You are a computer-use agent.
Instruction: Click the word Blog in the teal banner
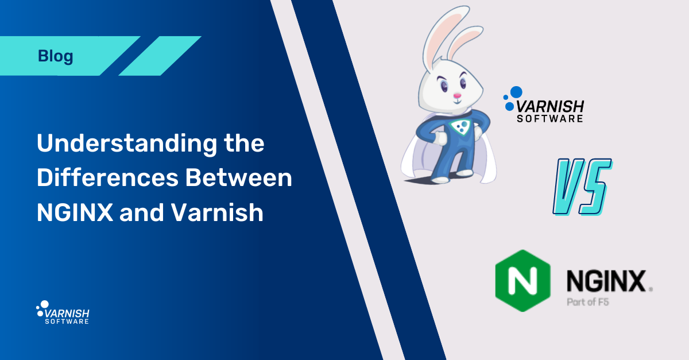point(56,56)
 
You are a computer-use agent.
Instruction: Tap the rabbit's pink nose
point(458,95)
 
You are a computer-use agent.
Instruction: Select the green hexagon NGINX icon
point(522,281)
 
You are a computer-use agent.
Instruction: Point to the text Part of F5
point(586,301)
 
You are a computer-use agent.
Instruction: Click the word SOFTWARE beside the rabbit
point(550,119)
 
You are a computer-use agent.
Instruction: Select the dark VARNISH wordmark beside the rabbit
point(550,106)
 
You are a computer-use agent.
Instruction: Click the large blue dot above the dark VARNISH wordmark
point(516,91)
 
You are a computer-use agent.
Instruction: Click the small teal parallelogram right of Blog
point(160,56)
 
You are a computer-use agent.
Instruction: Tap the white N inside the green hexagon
point(522,281)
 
